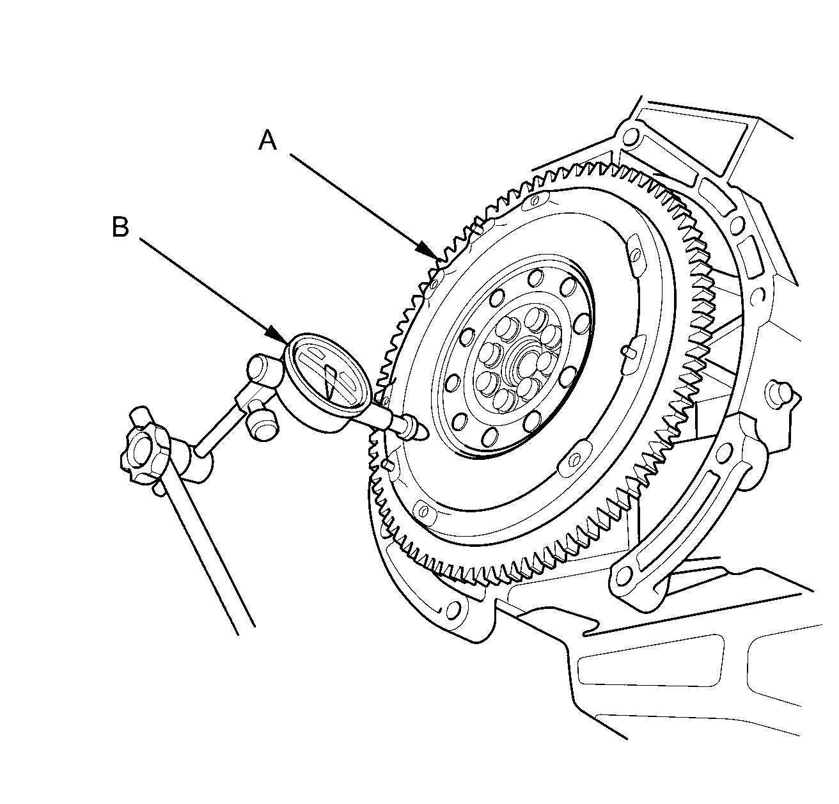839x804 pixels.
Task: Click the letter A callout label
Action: [x=268, y=141]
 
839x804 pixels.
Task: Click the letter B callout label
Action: [x=120, y=227]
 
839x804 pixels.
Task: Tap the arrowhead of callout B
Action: [x=283, y=340]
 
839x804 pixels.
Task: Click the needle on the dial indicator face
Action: [x=329, y=382]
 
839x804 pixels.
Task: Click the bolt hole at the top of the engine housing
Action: [x=631, y=136]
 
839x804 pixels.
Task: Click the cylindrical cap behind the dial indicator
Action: [x=263, y=370]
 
